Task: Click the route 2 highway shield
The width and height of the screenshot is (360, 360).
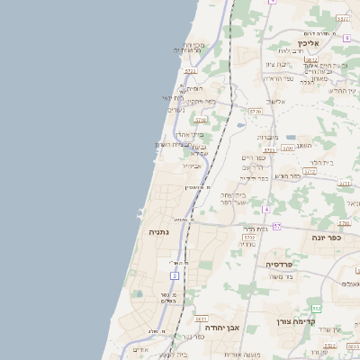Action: (x=174, y=274)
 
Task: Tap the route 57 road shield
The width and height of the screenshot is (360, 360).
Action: (x=277, y=226)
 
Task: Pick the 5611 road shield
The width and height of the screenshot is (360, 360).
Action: (x=201, y=319)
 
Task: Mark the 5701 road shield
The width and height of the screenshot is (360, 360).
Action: (x=286, y=148)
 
